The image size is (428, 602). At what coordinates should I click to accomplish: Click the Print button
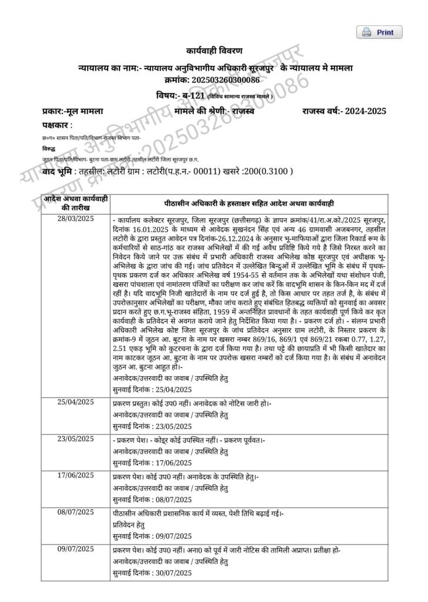[379, 32]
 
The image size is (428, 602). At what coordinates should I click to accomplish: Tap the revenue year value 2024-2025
[350, 110]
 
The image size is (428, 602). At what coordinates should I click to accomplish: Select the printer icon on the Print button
[366, 32]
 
